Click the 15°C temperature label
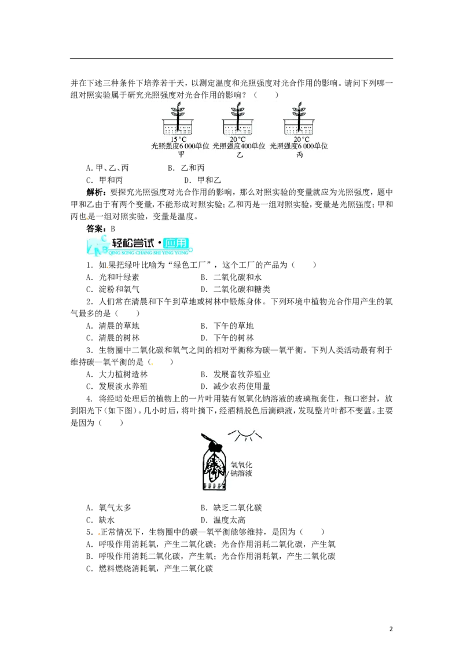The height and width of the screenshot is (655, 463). pyautogui.click(x=178, y=139)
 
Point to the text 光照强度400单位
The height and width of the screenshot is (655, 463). pyautogui.click(x=238, y=146)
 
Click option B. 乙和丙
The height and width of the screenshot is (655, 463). pyautogui.click(x=186, y=168)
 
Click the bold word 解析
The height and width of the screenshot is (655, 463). pyautogui.click(x=95, y=192)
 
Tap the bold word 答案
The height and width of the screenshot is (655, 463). pyautogui.click(x=95, y=229)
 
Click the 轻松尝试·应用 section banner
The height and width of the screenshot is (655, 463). pyautogui.click(x=139, y=245)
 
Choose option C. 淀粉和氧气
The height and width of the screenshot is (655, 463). pyautogui.click(x=113, y=289)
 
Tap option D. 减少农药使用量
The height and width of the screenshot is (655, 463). pyautogui.click(x=235, y=387)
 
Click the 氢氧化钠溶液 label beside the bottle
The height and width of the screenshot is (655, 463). pyautogui.click(x=241, y=469)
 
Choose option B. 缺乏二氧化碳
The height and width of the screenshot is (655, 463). pyautogui.click(x=231, y=508)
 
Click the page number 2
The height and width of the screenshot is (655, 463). pyautogui.click(x=391, y=629)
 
